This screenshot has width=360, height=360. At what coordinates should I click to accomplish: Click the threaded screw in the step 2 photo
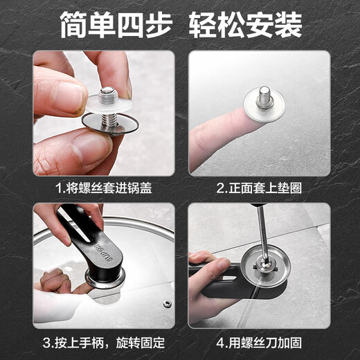tap(264, 98)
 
